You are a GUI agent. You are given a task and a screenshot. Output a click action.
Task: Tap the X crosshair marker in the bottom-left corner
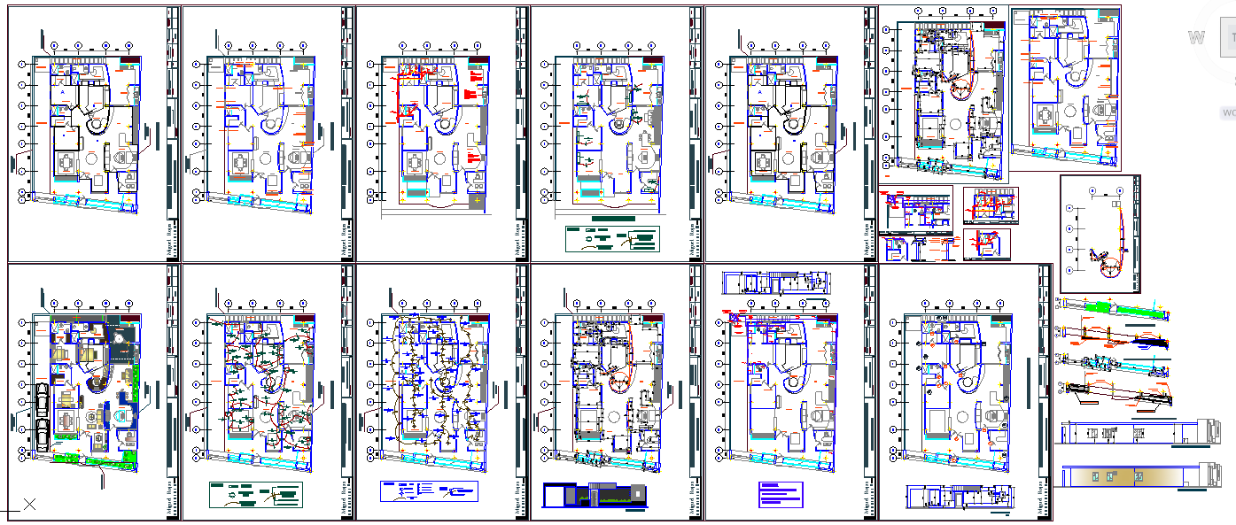29,505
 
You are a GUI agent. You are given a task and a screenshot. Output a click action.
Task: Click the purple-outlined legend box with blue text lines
780,494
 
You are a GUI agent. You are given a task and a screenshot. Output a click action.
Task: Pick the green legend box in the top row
612,239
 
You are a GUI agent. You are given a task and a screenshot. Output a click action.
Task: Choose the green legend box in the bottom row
255,494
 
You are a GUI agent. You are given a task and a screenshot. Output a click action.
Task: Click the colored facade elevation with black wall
594,497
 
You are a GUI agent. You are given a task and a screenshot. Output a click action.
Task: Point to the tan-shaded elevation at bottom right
1134,476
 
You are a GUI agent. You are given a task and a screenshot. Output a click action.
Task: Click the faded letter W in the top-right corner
1197,37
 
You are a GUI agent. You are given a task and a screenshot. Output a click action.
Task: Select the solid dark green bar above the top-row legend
612,218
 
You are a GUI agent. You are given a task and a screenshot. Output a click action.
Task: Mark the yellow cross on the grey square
478,203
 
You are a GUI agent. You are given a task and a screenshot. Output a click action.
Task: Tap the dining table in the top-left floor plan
67,164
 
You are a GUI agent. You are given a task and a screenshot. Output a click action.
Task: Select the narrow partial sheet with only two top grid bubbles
1100,234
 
